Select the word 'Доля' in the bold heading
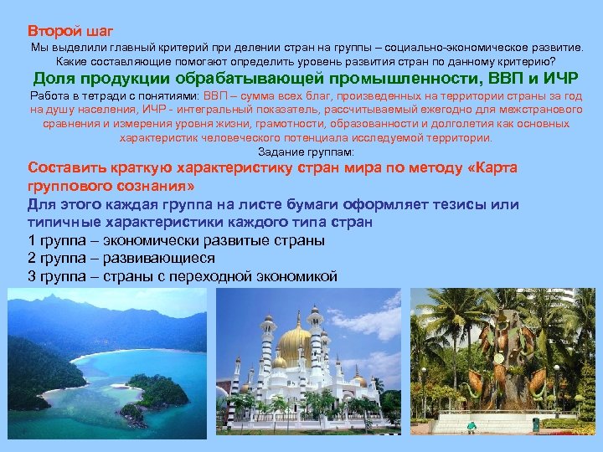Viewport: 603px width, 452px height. point(56,80)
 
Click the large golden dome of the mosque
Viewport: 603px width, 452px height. point(294,344)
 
